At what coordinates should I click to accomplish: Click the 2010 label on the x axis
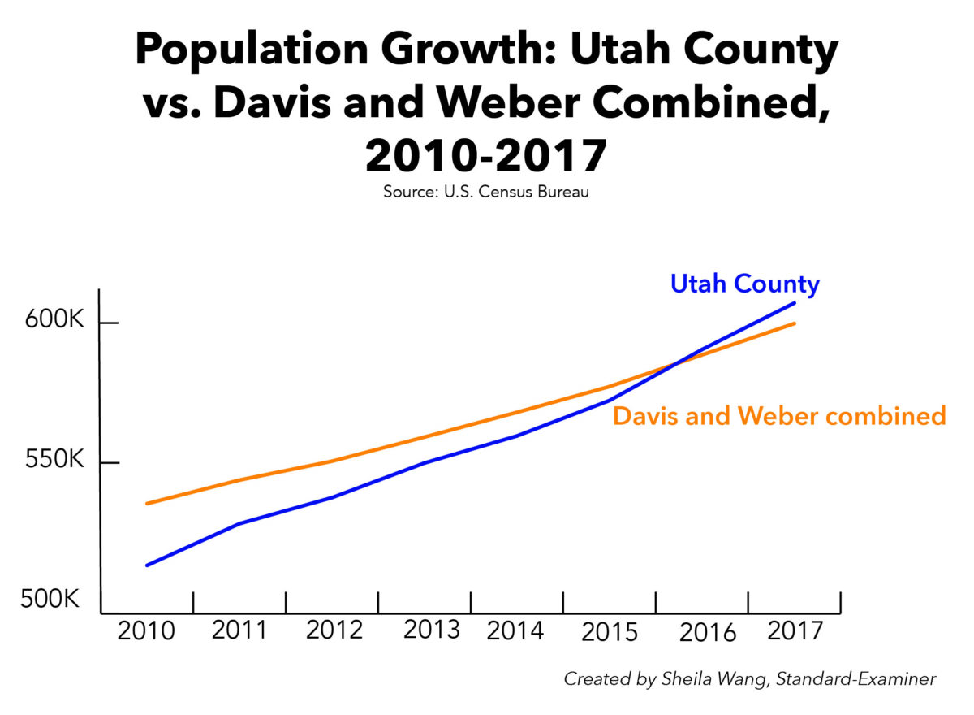pyautogui.click(x=146, y=631)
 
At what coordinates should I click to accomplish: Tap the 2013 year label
pyautogui.click(x=432, y=630)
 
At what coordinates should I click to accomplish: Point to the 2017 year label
pyautogui.click(x=795, y=630)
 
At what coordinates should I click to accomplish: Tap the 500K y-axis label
pyautogui.click(x=51, y=600)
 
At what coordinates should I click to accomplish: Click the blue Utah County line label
pyautogui.click(x=744, y=284)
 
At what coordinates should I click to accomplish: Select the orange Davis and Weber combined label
pyautogui.click(x=779, y=416)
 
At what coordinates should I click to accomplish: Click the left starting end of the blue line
pyautogui.click(x=147, y=565)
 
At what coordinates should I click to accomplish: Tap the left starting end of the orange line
pyautogui.click(x=147, y=504)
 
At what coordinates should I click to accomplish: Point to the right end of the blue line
pyautogui.click(x=794, y=303)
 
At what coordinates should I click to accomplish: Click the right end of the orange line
pyautogui.click(x=794, y=323)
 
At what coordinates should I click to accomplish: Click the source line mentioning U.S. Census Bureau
pyautogui.click(x=486, y=193)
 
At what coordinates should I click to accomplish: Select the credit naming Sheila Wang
pyautogui.click(x=749, y=679)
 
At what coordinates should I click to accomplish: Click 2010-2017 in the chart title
pyautogui.click(x=486, y=157)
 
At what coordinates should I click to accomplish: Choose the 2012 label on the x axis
pyautogui.click(x=334, y=630)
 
